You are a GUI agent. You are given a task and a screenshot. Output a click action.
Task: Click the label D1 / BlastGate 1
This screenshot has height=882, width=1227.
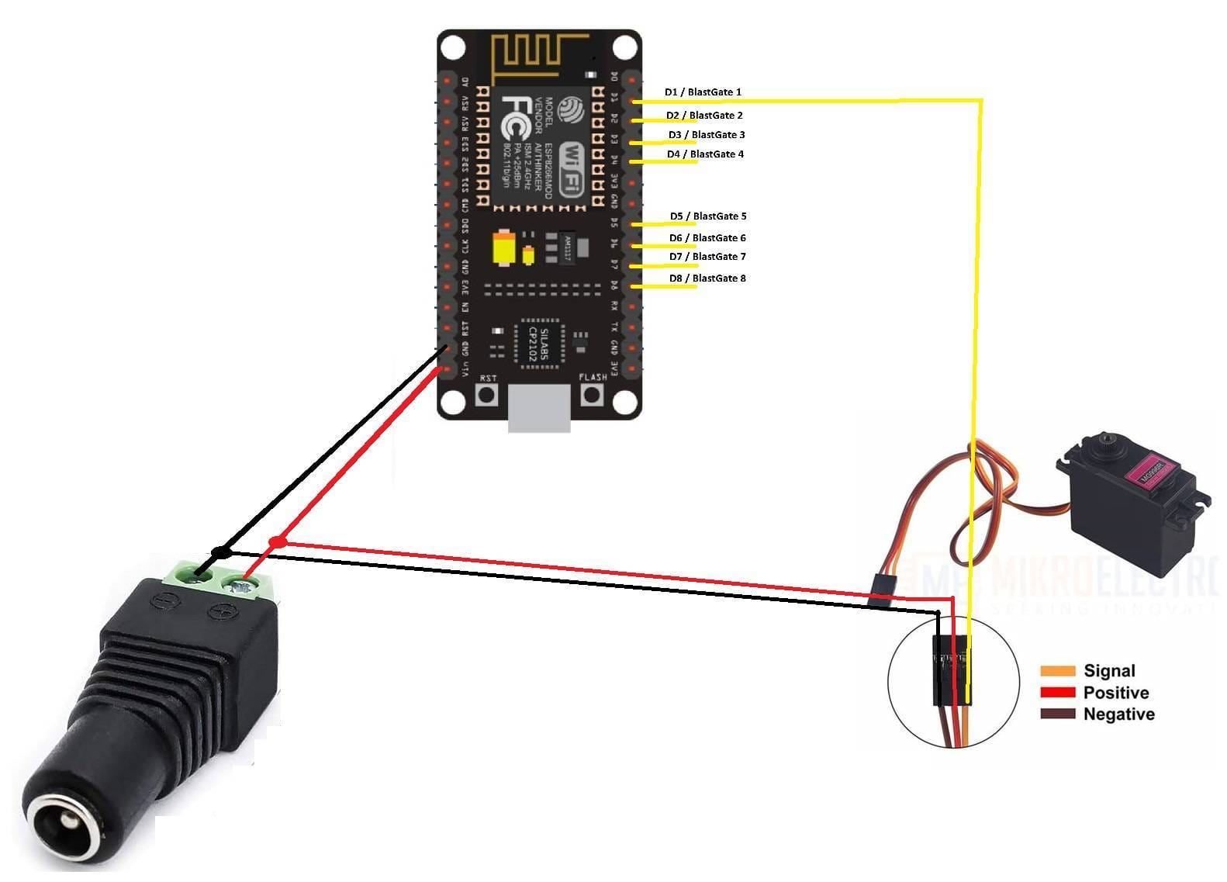coord(703,92)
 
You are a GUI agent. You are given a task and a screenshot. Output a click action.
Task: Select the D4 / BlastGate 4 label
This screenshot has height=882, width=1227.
coord(705,154)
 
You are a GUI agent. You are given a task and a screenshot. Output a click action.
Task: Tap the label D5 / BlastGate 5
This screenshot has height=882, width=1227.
coord(708,216)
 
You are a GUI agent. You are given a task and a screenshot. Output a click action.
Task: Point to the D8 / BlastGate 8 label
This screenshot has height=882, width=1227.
coord(707,278)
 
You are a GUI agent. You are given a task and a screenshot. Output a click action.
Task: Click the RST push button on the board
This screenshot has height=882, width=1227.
coord(486,395)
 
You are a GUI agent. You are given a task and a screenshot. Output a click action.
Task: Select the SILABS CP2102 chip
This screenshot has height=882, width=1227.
coord(537,341)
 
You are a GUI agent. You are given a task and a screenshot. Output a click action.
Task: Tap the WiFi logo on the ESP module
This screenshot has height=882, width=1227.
coord(572,167)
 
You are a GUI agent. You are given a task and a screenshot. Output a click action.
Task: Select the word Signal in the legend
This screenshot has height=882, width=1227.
coord(1109,671)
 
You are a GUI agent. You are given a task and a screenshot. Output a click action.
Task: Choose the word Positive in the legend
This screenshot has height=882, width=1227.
coord(1115,693)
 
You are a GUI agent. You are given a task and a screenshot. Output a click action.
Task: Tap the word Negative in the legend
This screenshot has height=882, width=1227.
coord(1118,714)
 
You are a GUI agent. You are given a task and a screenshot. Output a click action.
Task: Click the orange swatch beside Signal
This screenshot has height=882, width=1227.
coord(1057,671)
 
